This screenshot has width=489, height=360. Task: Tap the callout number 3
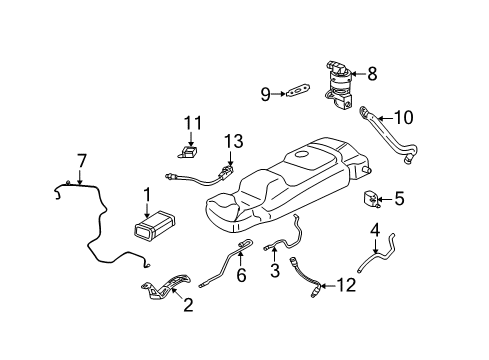[273, 270]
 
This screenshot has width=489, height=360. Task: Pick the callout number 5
[399, 198]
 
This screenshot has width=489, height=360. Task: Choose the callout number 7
[82, 160]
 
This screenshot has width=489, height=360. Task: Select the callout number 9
[266, 95]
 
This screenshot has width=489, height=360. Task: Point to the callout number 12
[345, 287]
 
